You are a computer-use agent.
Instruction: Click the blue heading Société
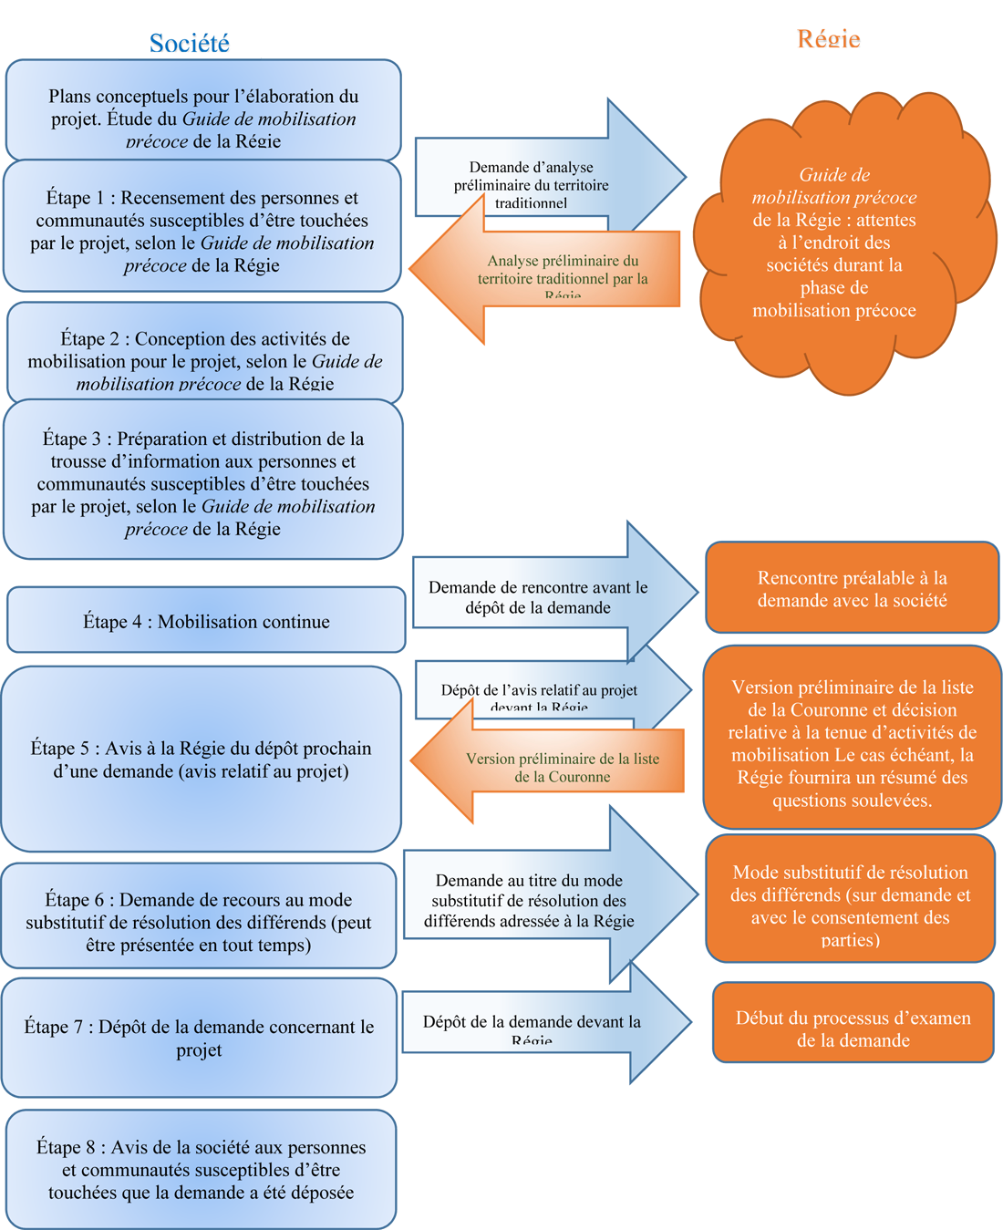(x=189, y=43)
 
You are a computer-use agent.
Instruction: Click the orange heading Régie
(x=828, y=38)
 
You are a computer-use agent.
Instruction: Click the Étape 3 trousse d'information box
(x=203, y=480)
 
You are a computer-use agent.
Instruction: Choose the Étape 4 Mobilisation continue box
(x=206, y=620)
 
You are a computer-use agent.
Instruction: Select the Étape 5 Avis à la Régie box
(x=201, y=759)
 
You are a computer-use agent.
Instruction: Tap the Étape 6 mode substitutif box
(x=199, y=916)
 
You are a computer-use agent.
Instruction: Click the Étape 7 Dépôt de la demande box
(x=199, y=1038)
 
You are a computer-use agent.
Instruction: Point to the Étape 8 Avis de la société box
(x=201, y=1169)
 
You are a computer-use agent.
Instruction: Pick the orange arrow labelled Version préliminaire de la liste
(x=556, y=768)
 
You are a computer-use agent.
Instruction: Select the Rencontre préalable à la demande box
(x=852, y=588)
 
